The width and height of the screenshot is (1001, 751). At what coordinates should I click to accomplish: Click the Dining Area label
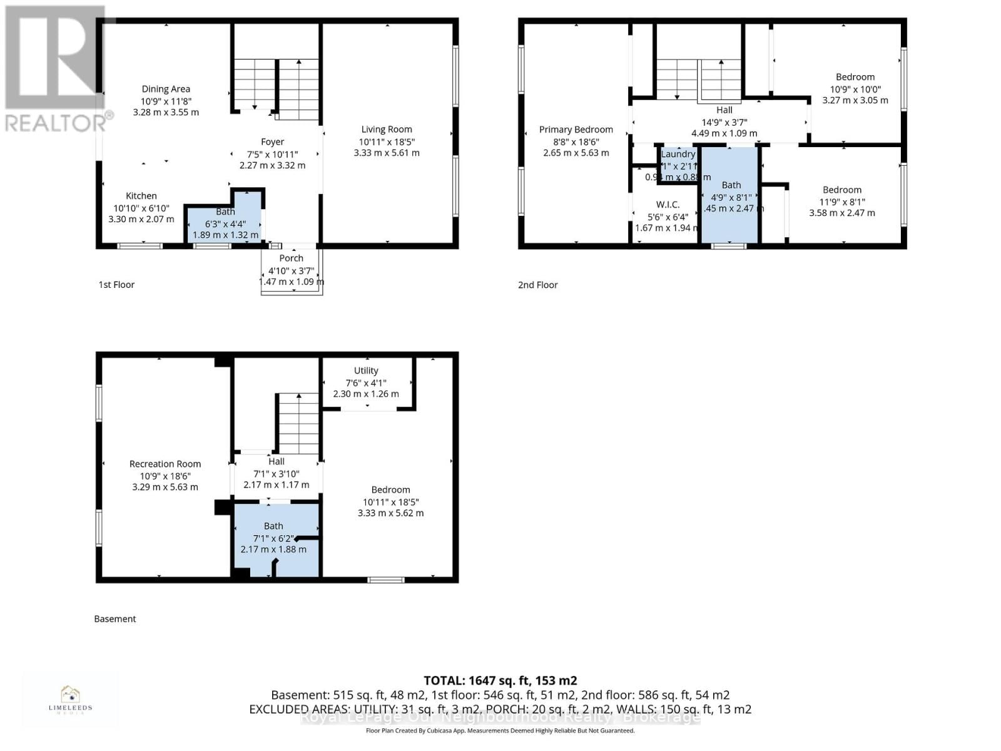(166, 89)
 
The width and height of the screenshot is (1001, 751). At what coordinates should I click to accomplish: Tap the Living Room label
(386, 130)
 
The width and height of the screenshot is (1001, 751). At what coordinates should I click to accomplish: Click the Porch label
(292, 258)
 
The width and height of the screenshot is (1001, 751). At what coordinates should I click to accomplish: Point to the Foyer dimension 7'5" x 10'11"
(272, 154)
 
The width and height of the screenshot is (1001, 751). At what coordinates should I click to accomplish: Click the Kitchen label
(141, 196)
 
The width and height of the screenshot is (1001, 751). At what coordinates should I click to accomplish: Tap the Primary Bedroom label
(576, 130)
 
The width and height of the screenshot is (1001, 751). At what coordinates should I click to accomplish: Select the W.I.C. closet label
(668, 205)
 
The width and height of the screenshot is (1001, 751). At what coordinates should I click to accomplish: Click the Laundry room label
(678, 154)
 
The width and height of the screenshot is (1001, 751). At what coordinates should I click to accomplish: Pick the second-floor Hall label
(724, 110)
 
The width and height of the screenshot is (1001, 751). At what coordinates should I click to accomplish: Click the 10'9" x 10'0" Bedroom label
(855, 77)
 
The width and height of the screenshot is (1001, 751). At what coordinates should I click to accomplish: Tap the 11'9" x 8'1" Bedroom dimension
(842, 202)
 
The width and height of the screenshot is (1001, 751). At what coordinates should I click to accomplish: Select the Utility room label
(366, 370)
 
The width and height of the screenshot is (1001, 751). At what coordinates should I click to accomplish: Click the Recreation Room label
(165, 464)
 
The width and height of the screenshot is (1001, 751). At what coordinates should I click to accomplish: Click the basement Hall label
(277, 461)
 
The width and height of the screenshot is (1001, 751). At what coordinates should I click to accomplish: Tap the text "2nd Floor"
(537, 285)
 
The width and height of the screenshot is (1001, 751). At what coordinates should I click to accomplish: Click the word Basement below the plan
(115, 619)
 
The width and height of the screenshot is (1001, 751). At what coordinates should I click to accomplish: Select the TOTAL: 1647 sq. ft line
(500, 680)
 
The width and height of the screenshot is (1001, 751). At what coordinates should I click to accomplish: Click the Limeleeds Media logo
(70, 700)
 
